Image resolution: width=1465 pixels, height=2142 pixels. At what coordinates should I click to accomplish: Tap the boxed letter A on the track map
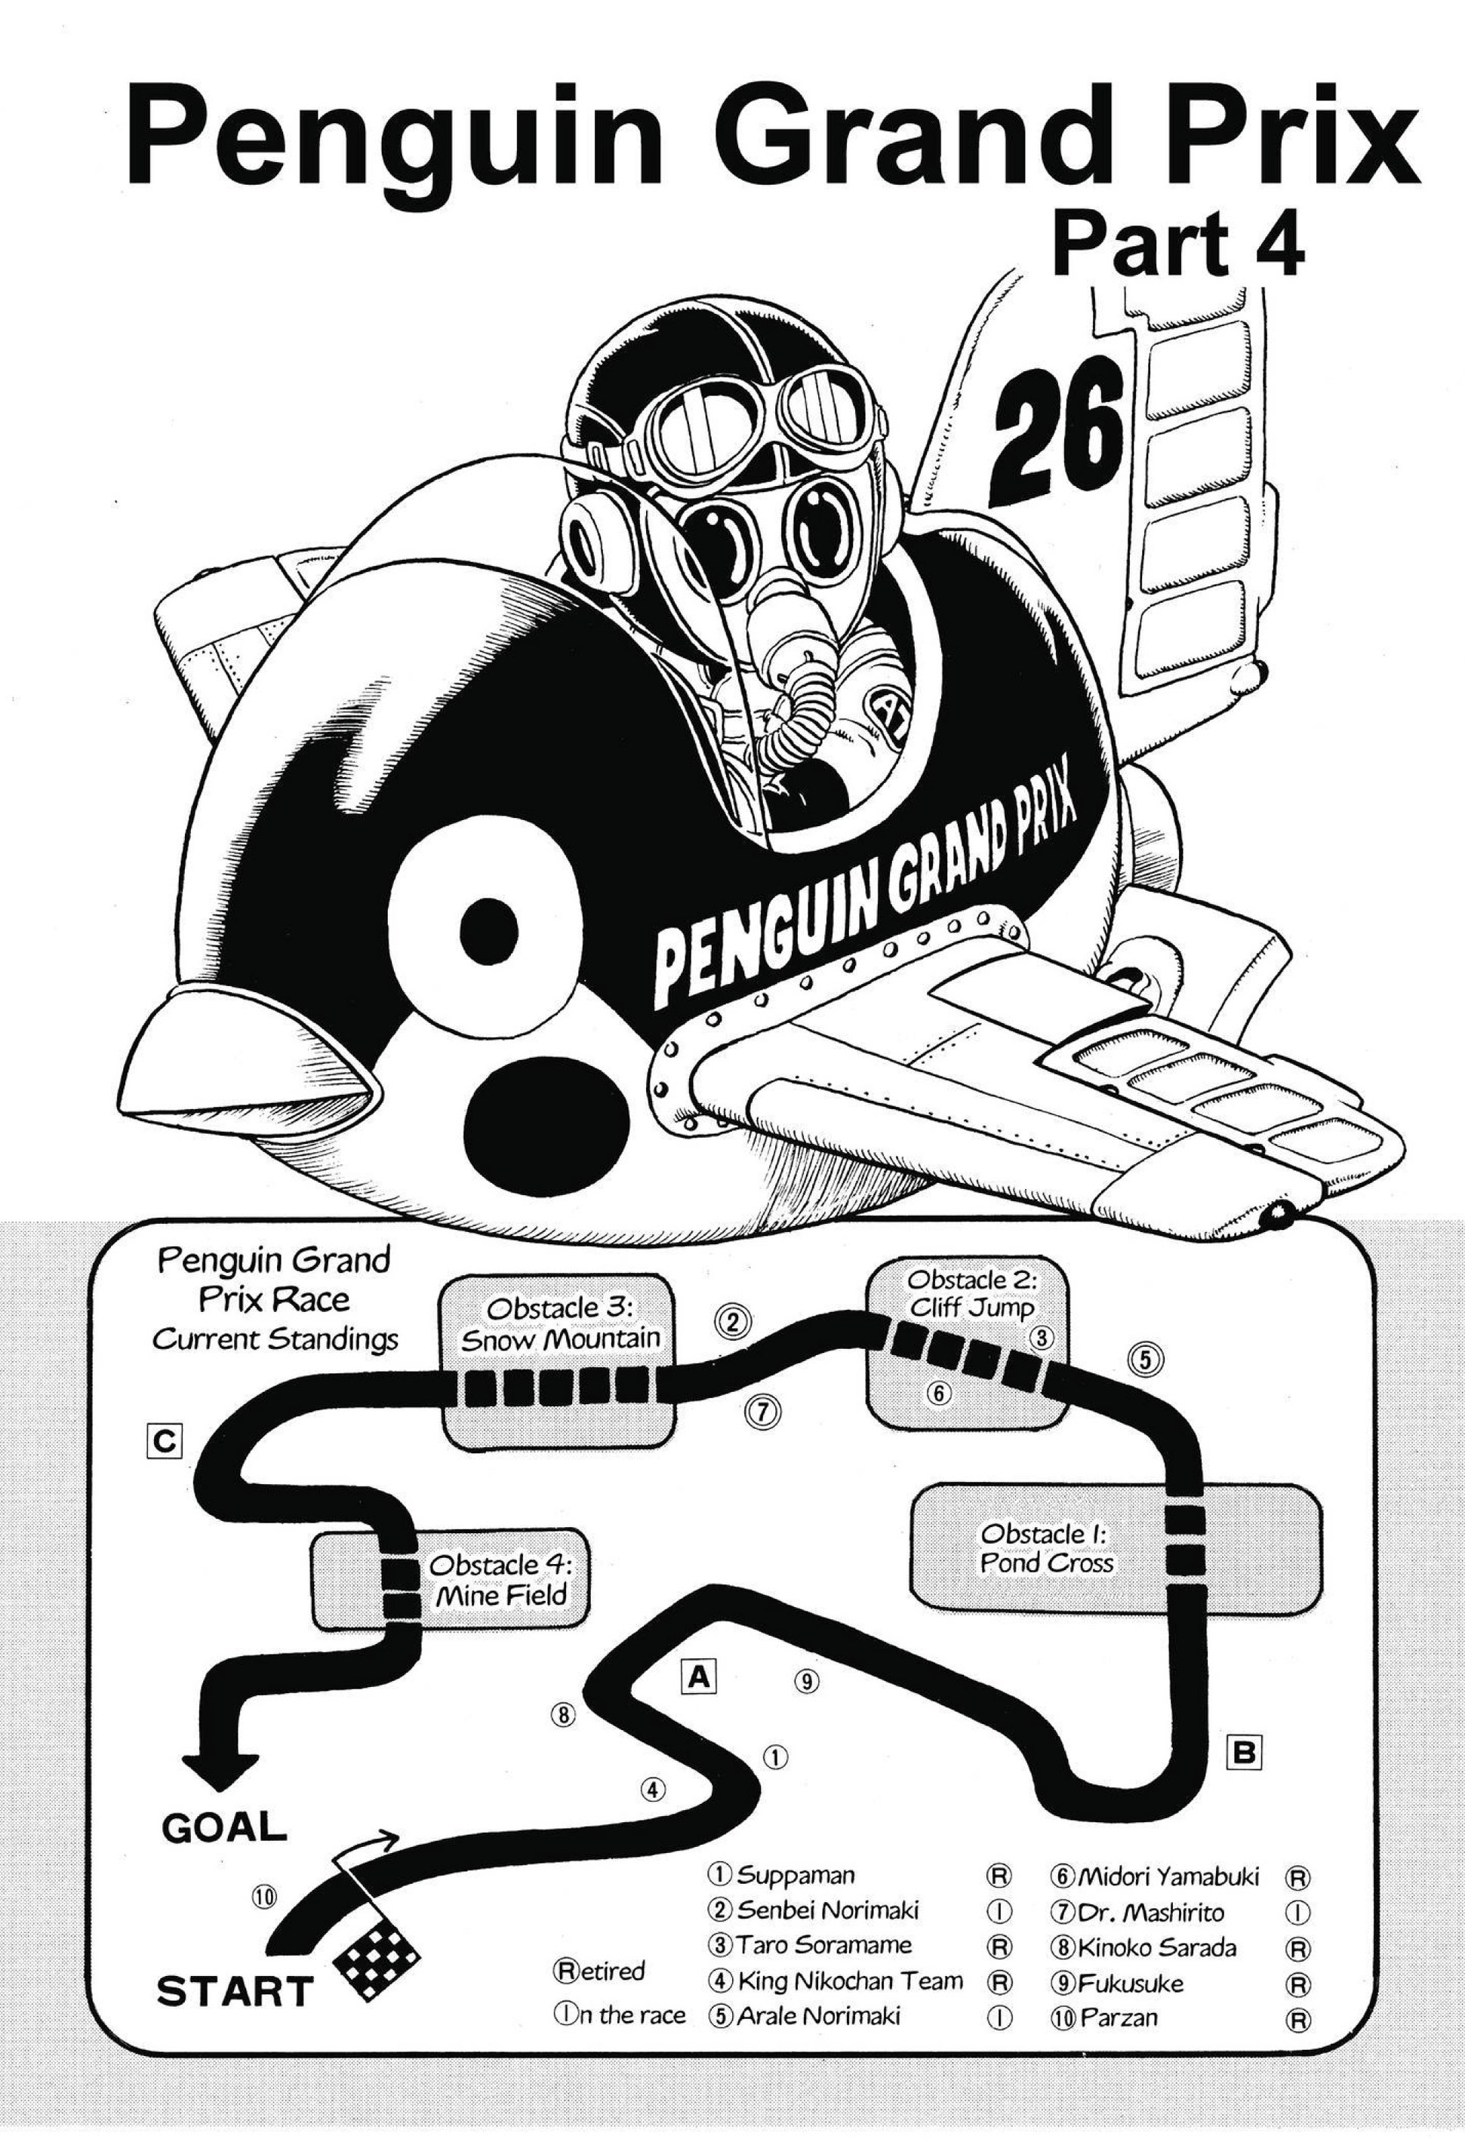(x=698, y=1676)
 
